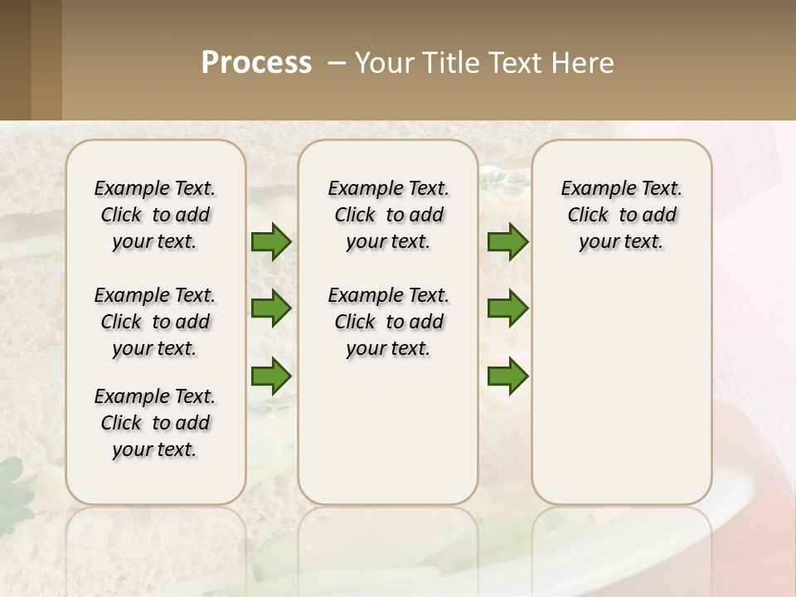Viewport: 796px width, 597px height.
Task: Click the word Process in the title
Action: point(256,63)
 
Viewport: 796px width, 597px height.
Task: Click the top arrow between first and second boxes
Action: point(271,241)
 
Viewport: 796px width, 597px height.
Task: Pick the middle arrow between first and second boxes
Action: point(271,308)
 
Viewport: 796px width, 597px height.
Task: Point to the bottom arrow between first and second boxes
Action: point(271,376)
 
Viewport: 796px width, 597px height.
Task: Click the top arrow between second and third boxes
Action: point(507,241)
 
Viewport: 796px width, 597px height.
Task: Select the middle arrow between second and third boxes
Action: point(507,308)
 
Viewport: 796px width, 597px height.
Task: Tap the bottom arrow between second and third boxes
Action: point(507,376)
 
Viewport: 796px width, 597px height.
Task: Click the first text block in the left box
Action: point(155,215)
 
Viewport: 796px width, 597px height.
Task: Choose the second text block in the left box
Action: point(155,322)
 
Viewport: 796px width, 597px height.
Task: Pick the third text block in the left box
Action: point(155,423)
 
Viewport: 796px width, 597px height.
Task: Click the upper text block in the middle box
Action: point(388,215)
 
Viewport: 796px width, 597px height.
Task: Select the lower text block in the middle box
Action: point(388,322)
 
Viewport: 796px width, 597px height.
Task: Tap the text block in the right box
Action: point(621,215)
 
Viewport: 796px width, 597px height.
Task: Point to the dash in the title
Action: point(337,64)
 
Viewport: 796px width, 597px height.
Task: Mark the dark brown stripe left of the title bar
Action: point(15,60)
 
